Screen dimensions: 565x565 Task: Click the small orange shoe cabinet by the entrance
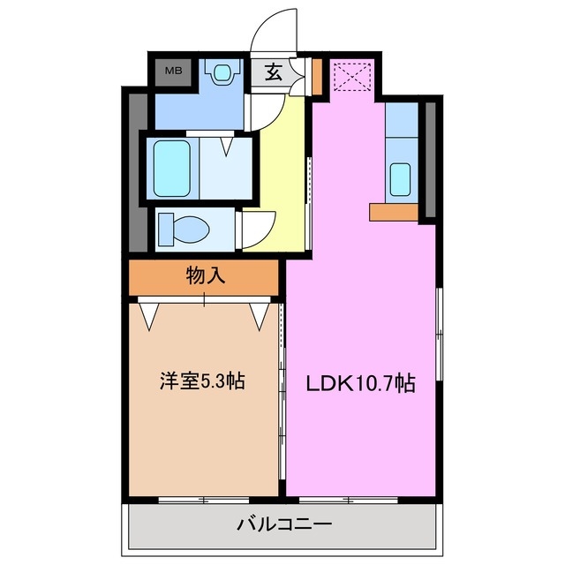[316, 78]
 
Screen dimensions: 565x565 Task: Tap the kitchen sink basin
[401, 180]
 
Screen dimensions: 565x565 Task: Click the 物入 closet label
[206, 276]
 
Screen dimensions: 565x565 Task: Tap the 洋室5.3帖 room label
[202, 381]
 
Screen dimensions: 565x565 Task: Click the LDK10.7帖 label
[361, 383]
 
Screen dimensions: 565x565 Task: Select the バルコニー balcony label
[284, 525]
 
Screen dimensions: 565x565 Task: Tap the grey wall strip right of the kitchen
[431, 159]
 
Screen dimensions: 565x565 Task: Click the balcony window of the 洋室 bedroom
[202, 501]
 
